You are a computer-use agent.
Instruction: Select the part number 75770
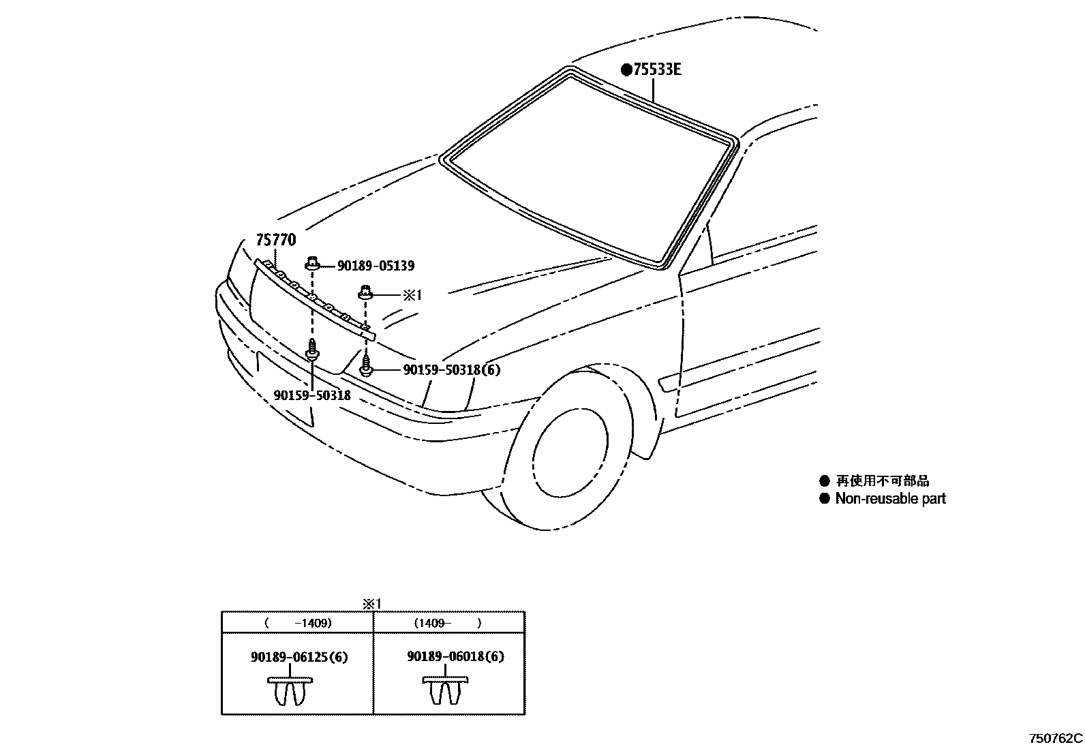[276, 240]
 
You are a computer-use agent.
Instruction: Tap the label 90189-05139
[376, 266]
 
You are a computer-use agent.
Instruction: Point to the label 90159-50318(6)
[451, 370]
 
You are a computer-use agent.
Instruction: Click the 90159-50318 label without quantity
[312, 395]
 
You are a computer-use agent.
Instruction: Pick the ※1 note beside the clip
[412, 295]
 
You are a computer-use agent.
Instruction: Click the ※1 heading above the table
[372, 604]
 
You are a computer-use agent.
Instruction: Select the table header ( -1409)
[298, 623]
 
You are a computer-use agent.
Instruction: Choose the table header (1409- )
[448, 623]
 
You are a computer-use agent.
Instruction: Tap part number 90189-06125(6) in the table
[299, 657]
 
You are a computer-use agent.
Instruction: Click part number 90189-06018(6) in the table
[455, 656]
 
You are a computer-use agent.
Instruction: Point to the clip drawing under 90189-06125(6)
[291, 690]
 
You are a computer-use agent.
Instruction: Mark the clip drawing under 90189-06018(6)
[446, 690]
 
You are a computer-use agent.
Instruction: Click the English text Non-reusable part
[890, 499]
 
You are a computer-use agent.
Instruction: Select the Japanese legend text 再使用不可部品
[882, 481]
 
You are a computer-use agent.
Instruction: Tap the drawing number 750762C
[1055, 738]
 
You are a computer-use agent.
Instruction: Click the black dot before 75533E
[626, 70]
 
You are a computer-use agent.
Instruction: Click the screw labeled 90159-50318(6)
[367, 365]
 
